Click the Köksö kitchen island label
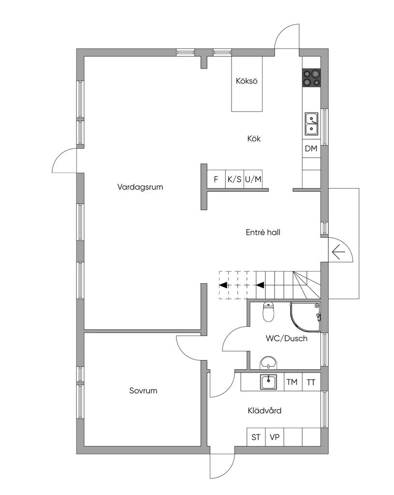click(247, 81)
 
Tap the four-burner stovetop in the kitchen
click(312, 78)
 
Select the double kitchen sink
click(312, 124)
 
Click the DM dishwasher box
click(311, 148)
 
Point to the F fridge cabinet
click(216, 179)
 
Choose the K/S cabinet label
click(234, 179)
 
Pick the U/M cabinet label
click(253, 179)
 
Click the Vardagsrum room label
click(140, 187)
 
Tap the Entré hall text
click(263, 233)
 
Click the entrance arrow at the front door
click(338, 252)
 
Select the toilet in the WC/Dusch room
click(268, 312)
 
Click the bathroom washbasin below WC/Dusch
click(269, 363)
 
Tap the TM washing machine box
click(292, 382)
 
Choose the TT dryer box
click(311, 382)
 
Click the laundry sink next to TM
click(269, 382)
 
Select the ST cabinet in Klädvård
click(256, 437)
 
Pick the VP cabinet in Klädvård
click(275, 437)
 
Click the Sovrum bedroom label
click(143, 391)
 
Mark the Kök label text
click(254, 138)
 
